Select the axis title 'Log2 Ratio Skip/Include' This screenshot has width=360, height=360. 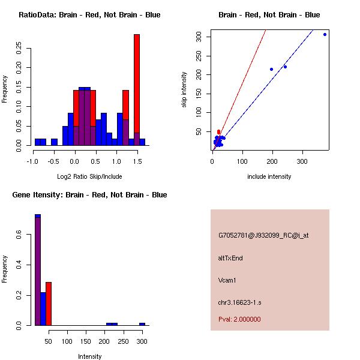point(89,176)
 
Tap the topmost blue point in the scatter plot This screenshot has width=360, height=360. point(325,34)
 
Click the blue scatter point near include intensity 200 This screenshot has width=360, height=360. point(271,69)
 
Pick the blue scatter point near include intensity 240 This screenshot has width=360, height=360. point(285,67)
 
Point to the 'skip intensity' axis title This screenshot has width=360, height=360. point(184,90)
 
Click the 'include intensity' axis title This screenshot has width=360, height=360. point(269,176)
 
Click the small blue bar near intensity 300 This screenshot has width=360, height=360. point(142,324)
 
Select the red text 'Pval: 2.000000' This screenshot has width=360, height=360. point(239,319)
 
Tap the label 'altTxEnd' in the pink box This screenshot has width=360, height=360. point(230,258)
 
